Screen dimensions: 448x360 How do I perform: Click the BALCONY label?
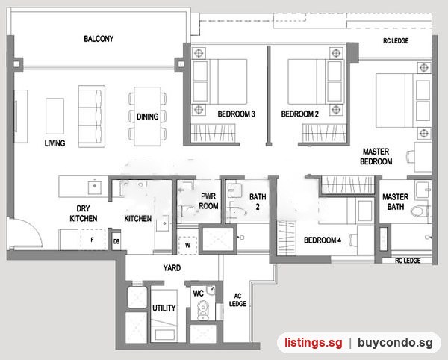(99, 39)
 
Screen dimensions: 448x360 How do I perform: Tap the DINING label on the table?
(147, 117)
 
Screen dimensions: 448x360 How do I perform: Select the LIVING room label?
(55, 143)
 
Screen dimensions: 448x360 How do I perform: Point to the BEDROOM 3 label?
(236, 114)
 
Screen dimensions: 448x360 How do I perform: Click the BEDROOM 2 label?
(299, 114)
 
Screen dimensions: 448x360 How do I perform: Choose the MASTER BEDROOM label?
(376, 156)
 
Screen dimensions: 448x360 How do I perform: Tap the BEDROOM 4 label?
(323, 240)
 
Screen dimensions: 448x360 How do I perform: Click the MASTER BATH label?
(396, 202)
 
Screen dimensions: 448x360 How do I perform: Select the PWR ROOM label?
(208, 201)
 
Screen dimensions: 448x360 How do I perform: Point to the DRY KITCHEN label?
(84, 214)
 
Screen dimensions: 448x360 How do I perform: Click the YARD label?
(172, 268)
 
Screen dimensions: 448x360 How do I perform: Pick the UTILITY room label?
(164, 308)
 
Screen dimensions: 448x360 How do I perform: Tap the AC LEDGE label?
(237, 300)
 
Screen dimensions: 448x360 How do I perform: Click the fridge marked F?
(93, 240)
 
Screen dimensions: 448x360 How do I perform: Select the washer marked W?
(187, 246)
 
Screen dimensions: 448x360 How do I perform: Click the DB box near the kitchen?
(116, 242)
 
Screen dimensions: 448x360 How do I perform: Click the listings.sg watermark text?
(313, 342)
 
